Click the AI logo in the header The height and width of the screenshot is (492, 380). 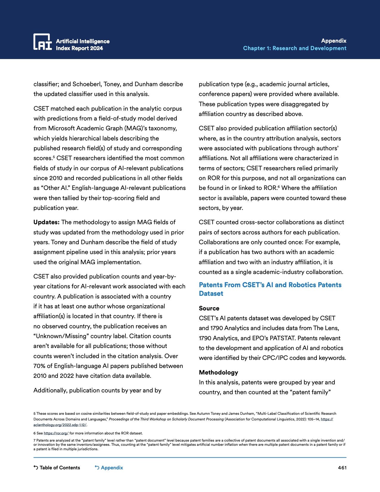coord(43,41)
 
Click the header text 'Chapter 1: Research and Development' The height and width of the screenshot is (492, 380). coord(294,48)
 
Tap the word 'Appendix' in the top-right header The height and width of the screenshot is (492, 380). coord(334,41)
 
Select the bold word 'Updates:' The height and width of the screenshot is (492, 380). coord(46,222)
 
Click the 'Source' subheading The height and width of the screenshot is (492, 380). coord(209,308)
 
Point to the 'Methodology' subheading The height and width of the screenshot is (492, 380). coord(218,372)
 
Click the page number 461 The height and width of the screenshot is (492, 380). coord(342,468)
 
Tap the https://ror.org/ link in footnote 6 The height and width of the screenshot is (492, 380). coord(56,433)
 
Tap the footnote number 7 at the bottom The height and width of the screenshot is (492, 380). coord(35,440)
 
